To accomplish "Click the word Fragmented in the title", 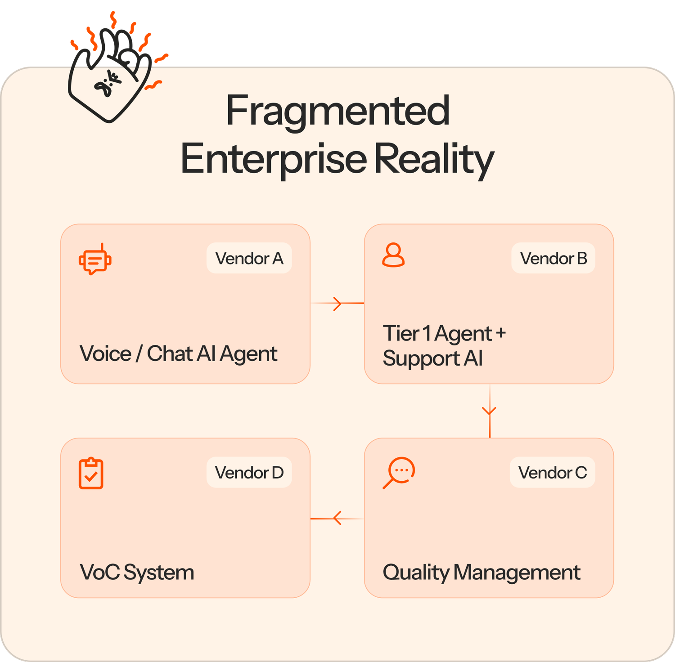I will (x=337, y=111).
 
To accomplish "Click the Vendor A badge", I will (x=249, y=258).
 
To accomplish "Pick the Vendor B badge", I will (x=553, y=258).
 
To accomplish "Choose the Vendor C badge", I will (x=552, y=472).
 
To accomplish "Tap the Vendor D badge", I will (x=249, y=472).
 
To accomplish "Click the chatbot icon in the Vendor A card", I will (x=95, y=259).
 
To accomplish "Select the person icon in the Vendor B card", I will (x=393, y=255).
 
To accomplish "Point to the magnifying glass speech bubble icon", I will (x=399, y=472).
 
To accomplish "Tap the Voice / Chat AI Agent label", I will (x=178, y=353).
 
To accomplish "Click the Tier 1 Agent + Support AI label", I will (x=444, y=346).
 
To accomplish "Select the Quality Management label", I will (x=481, y=573).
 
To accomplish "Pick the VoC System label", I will (x=137, y=573).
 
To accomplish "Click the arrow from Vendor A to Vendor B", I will (x=337, y=304).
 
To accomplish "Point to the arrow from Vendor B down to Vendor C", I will (x=489, y=411).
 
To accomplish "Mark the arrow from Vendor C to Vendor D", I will (x=337, y=519).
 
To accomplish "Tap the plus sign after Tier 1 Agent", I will (x=500, y=333).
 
